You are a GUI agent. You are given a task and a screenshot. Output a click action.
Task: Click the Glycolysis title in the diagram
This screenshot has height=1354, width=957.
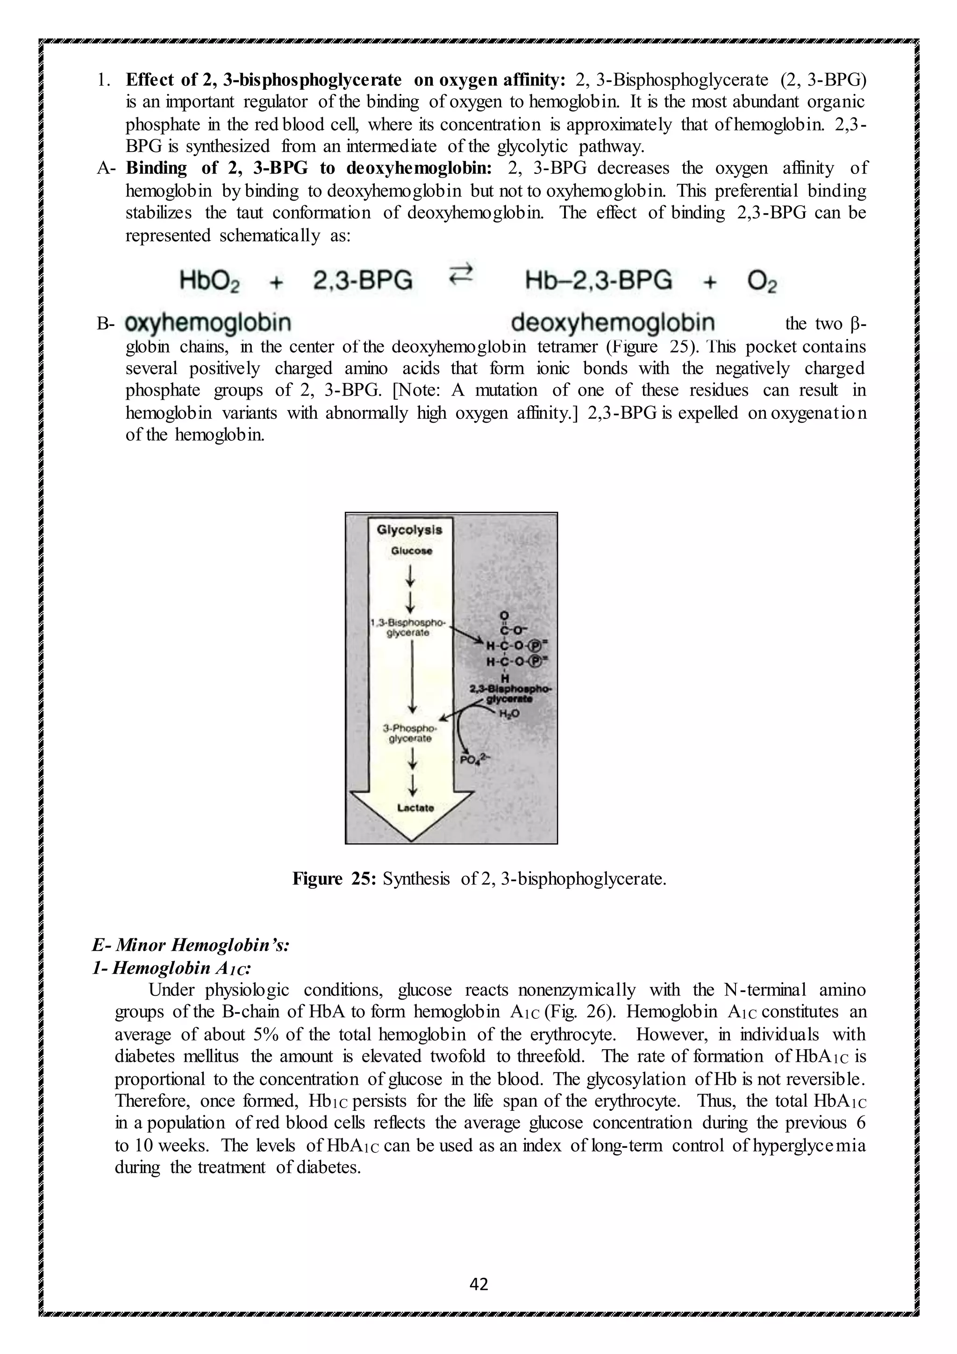[409, 530]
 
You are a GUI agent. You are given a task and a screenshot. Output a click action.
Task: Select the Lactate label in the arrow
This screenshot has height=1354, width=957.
[415, 807]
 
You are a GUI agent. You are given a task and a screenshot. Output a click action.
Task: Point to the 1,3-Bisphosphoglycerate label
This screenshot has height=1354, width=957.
[409, 627]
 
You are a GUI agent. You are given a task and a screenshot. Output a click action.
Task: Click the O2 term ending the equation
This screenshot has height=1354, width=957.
[762, 282]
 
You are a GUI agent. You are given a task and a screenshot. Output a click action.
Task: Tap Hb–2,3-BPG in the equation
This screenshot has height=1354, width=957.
[598, 280]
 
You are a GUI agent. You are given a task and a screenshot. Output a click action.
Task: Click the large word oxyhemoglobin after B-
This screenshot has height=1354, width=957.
[208, 323]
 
